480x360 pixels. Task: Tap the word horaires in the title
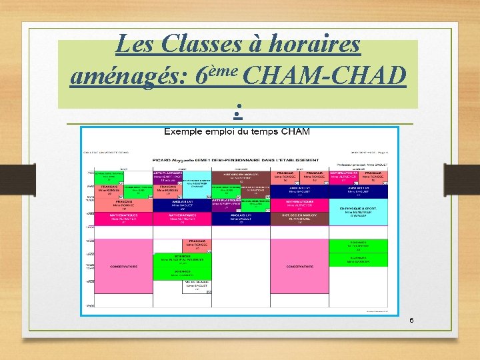coord(313,45)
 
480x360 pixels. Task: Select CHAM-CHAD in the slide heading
coord(325,78)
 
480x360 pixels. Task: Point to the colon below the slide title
coord(238,107)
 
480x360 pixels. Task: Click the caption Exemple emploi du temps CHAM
coord(237,131)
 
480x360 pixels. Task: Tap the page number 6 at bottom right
coord(411,321)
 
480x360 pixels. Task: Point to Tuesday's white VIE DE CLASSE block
coord(197,286)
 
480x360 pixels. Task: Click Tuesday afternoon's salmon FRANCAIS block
coord(197,245)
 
